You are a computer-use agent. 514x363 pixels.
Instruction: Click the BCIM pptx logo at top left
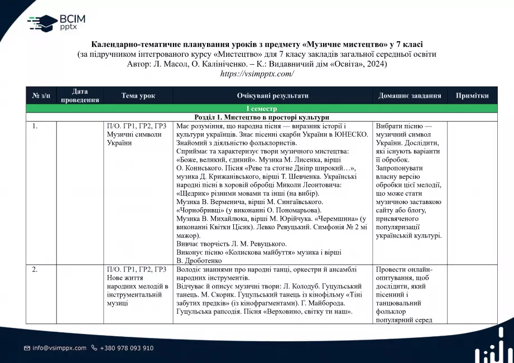[56, 22]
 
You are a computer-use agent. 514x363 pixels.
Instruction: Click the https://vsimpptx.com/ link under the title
[257, 74]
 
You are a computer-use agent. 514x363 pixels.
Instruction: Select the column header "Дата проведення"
[80, 95]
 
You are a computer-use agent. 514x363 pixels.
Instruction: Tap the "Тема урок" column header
[138, 95]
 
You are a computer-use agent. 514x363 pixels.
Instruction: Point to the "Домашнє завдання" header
[410, 95]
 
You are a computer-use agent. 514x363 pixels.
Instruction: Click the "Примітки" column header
[472, 95]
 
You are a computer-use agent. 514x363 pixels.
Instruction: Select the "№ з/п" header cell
[41, 95]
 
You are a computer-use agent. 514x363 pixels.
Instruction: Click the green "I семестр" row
[257, 108]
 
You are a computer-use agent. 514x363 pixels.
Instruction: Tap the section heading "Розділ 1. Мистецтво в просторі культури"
[262, 117]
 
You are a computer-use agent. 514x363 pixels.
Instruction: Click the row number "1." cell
[35, 126]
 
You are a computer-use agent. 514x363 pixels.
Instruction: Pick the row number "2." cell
[35, 270]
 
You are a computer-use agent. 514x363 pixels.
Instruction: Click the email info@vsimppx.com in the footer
[59, 348]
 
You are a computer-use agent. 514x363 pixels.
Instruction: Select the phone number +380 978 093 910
[126, 348]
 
